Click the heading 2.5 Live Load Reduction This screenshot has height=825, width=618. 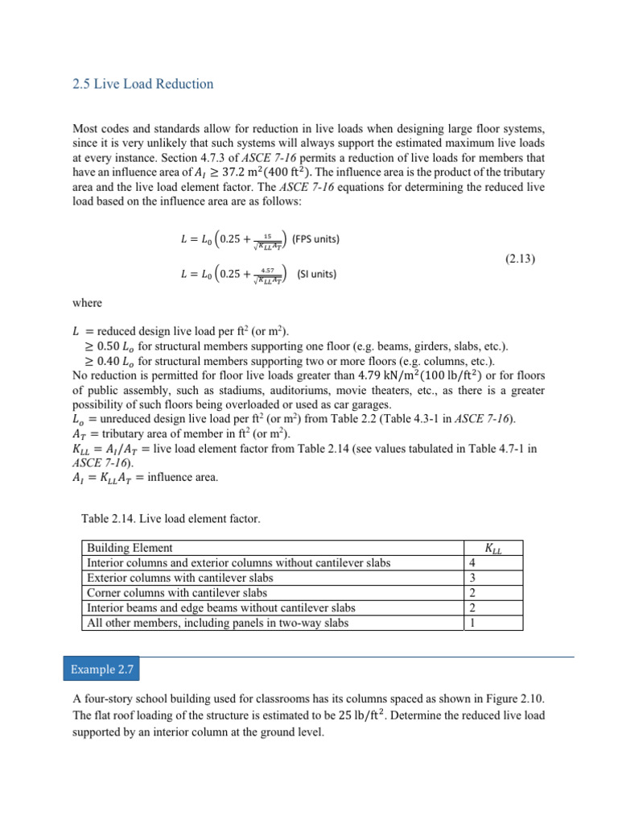click(143, 84)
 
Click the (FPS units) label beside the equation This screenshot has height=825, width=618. click(315, 239)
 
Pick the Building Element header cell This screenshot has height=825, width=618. click(130, 548)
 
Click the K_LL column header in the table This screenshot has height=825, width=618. click(494, 548)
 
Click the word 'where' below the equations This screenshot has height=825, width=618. click(87, 303)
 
